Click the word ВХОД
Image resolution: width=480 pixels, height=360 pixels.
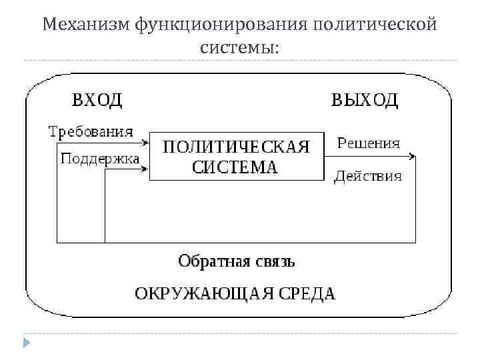pyautogui.click(x=97, y=100)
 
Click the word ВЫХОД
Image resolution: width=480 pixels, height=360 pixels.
pyautogui.click(x=365, y=100)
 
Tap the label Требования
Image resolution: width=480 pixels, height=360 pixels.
pyautogui.click(x=91, y=131)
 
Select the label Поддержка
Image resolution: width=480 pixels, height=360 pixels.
pyautogui.click(x=100, y=159)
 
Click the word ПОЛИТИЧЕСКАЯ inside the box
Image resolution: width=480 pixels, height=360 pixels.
pyautogui.click(x=237, y=147)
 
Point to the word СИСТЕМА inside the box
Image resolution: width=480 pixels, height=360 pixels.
pyautogui.click(x=235, y=167)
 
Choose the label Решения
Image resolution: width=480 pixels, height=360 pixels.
pyautogui.click(x=369, y=143)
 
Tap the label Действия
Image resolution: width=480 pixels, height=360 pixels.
pyautogui.click(x=368, y=176)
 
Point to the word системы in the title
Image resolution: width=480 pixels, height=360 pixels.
pyautogui.click(x=241, y=48)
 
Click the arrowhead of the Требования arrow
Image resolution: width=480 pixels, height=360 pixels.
pyautogui.click(x=145, y=142)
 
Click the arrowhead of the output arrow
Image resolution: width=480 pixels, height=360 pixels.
pyautogui.click(x=413, y=157)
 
